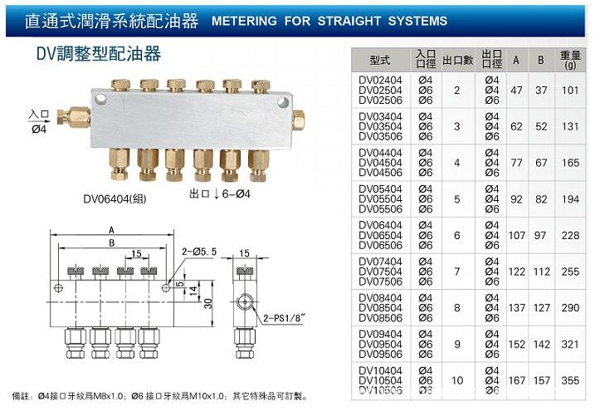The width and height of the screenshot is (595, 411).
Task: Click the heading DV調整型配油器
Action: click(98, 54)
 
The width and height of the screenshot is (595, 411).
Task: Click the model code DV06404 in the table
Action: click(379, 225)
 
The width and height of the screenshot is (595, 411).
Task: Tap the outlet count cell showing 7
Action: click(456, 272)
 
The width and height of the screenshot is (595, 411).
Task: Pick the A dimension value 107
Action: click(517, 235)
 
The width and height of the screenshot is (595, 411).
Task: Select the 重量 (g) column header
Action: click(568, 61)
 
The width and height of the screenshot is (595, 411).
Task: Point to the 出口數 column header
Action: click(457, 61)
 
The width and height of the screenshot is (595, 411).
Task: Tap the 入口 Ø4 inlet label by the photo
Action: click(40, 122)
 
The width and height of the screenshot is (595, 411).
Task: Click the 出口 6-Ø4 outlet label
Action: click(219, 194)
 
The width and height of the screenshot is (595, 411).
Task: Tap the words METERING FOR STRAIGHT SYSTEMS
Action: click(329, 21)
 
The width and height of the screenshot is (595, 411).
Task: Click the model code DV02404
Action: click(379, 80)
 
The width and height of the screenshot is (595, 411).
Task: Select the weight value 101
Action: click(568, 90)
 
